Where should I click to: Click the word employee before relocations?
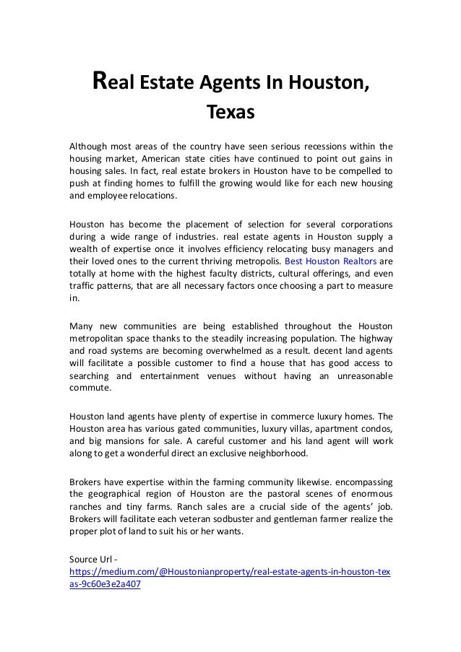tap(108, 196)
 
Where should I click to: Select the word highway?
tap(371, 339)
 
